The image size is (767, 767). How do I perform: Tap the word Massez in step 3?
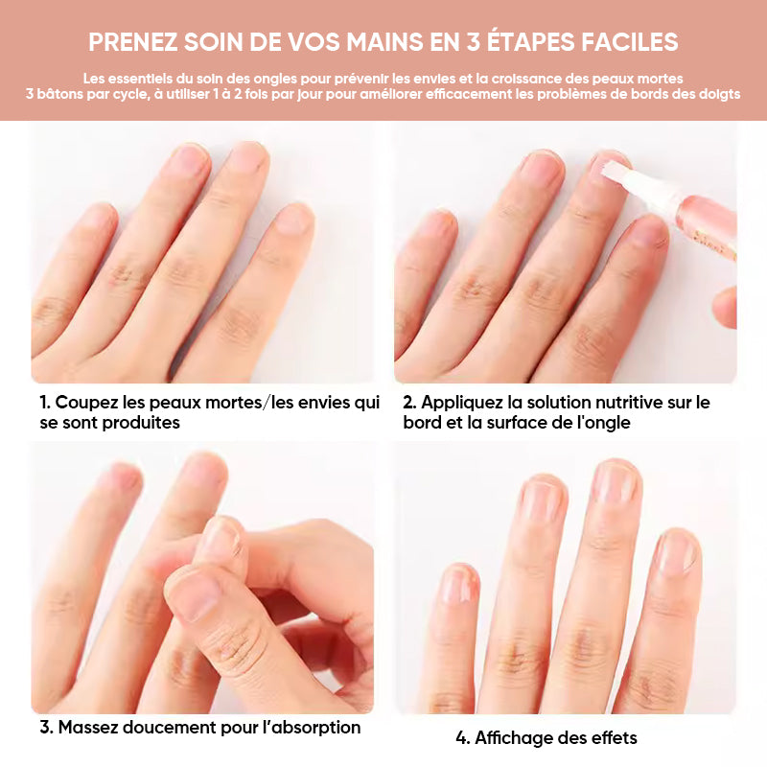point(89,728)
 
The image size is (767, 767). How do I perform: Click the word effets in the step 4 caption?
point(612,738)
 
